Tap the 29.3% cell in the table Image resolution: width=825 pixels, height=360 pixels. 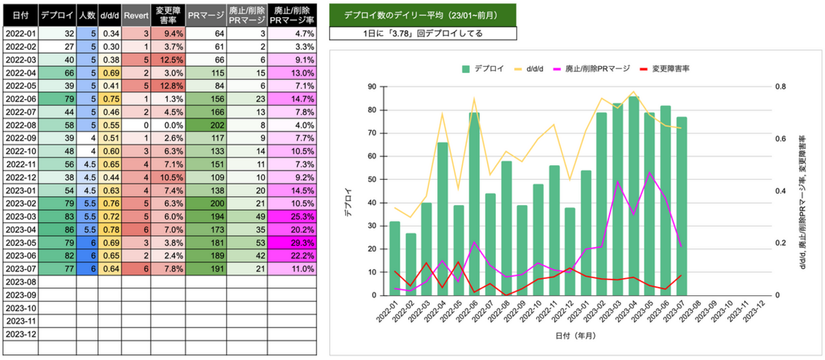pyautogui.click(x=291, y=243)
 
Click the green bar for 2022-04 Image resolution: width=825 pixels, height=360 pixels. pyautogui.click(x=442, y=219)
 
